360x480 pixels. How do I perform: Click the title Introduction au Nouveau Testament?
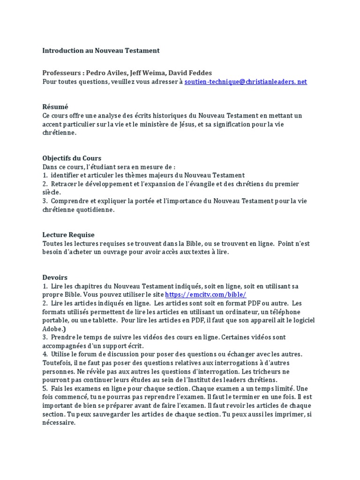[x=101, y=50]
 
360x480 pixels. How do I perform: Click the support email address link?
[x=246, y=82]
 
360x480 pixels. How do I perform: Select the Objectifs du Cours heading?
[x=72, y=158]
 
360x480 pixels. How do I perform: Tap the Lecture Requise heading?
[x=68, y=235]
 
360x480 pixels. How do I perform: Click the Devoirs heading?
[x=55, y=277]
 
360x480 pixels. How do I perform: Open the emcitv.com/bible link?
[x=205, y=295]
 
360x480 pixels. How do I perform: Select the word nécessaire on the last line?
[x=59, y=422]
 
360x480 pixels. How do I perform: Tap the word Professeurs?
[x=61, y=73]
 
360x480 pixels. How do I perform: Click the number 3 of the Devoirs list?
[x=45, y=337]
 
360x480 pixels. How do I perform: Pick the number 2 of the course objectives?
[x=45, y=184]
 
